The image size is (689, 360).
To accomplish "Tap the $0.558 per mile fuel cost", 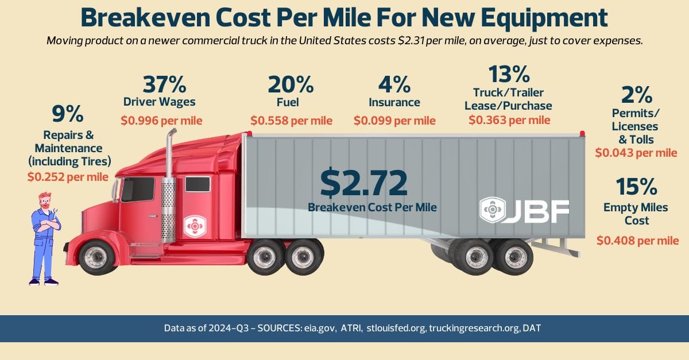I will (x=291, y=121).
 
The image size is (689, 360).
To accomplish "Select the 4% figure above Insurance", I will (x=394, y=85).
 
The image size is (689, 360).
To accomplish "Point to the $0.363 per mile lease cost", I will (x=509, y=120).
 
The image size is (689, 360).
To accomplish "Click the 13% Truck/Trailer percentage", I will (x=508, y=74).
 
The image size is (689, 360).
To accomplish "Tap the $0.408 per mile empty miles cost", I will (x=637, y=241).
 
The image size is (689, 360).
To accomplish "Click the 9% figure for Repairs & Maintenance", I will (x=68, y=114).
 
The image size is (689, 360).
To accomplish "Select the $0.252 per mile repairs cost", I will (x=68, y=176).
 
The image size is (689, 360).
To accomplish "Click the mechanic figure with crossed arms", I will (x=44, y=238).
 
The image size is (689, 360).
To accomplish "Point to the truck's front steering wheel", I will (x=96, y=257).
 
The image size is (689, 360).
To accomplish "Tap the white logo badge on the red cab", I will (x=193, y=227).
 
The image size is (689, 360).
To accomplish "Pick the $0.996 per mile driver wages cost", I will (x=161, y=121).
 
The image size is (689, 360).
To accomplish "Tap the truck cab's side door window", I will (x=138, y=189).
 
